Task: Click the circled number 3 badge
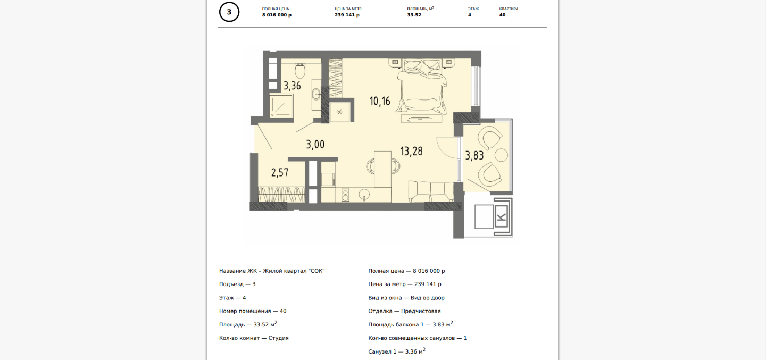(229, 12)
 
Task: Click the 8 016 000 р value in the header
(277, 15)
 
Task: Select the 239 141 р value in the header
(347, 15)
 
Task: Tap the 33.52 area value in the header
(414, 15)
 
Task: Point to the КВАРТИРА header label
(509, 9)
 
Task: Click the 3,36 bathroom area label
(293, 86)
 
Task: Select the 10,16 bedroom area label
(380, 101)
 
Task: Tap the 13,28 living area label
(411, 151)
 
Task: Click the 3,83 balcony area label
(474, 156)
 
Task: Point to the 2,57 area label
(280, 173)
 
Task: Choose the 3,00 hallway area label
(315, 145)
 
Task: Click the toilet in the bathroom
(300, 71)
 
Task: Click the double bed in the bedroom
(422, 87)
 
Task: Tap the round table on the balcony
(501, 155)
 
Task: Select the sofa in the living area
(431, 191)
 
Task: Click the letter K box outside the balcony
(501, 217)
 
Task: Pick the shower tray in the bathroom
(281, 106)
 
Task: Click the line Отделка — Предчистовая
(404, 311)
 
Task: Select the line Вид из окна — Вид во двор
(406, 298)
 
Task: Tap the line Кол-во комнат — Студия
(254, 338)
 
